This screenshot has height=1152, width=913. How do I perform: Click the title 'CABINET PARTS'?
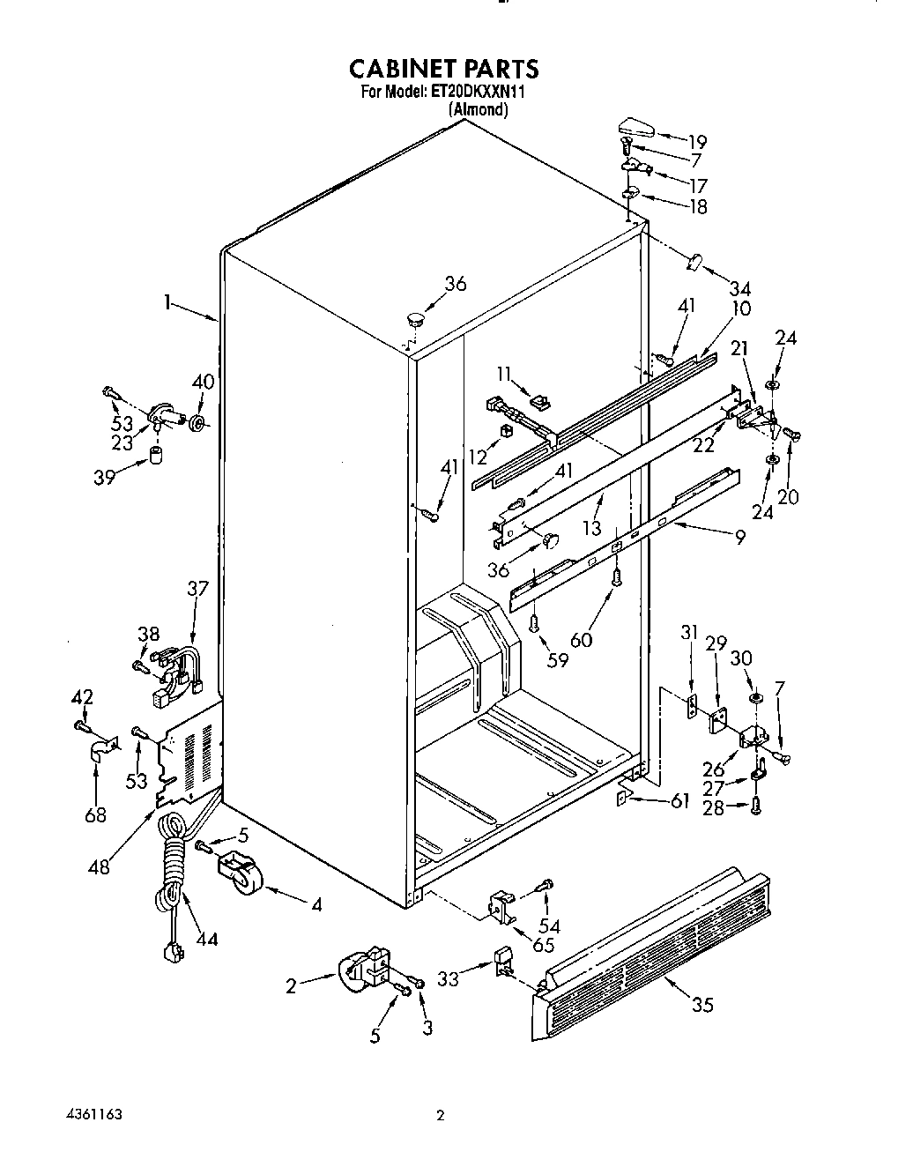[x=443, y=69]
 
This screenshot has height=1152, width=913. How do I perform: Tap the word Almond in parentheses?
[x=479, y=110]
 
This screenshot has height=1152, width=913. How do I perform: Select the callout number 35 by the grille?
[x=702, y=1004]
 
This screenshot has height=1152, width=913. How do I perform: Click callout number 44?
[x=206, y=940]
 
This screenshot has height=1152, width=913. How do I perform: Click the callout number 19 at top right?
[x=697, y=141]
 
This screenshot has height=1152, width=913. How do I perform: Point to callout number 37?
[x=197, y=588]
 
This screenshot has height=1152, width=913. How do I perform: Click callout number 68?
[x=94, y=814]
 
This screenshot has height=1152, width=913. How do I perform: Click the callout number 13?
[x=591, y=528]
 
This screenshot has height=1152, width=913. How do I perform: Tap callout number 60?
[x=582, y=640]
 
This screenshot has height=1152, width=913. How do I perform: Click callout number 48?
[x=100, y=866]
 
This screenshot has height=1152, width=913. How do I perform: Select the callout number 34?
[x=740, y=287]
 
